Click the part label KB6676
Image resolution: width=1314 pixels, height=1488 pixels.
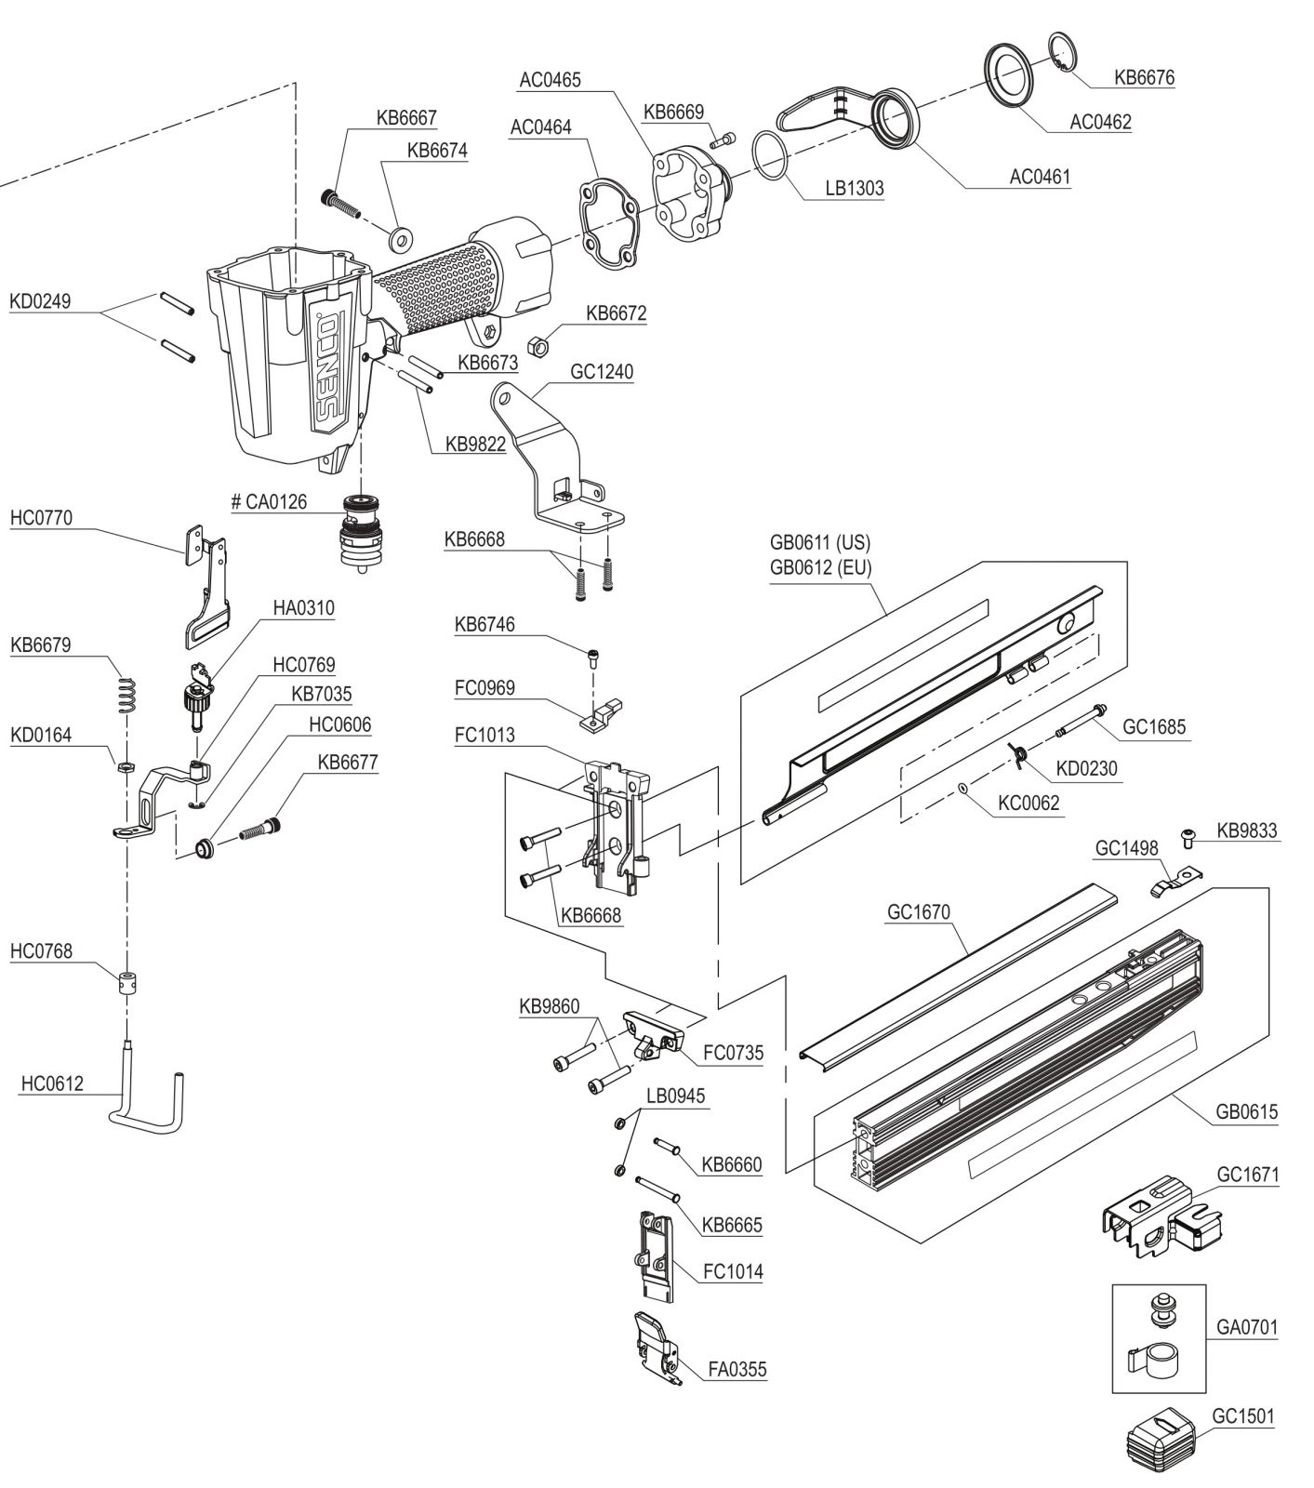(x=1144, y=77)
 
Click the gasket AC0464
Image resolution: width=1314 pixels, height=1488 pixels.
(x=608, y=223)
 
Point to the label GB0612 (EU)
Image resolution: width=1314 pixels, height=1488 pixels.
(x=820, y=567)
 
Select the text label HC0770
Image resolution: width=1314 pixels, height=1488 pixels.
(x=41, y=518)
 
